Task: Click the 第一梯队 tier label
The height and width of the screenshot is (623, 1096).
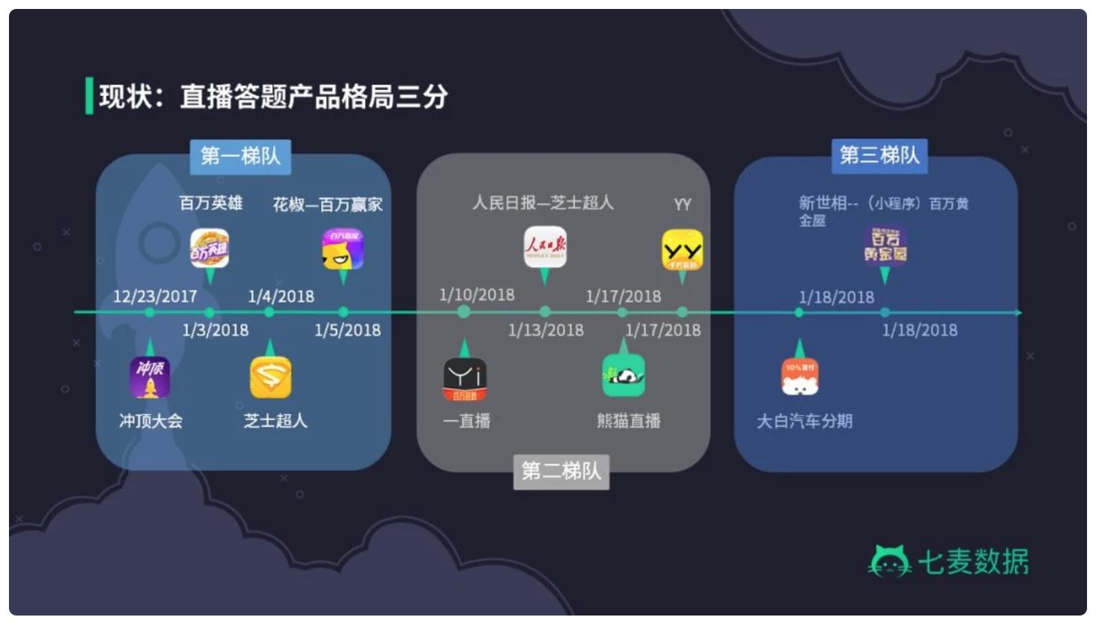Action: click(240, 156)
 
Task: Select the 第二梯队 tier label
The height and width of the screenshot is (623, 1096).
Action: click(561, 471)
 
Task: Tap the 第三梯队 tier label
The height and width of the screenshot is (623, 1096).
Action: click(879, 156)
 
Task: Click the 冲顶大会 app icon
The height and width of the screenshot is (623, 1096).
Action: click(150, 377)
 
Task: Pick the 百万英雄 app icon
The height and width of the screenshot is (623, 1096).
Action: click(210, 249)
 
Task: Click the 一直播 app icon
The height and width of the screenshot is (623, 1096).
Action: click(465, 379)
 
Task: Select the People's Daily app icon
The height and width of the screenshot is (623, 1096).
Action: click(545, 247)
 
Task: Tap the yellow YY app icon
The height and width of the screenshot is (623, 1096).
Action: click(682, 250)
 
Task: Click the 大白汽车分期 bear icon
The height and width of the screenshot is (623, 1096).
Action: click(800, 377)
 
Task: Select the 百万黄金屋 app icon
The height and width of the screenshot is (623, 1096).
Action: click(885, 246)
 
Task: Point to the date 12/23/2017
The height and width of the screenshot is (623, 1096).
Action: click(155, 297)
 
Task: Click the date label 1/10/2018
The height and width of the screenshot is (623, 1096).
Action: click(477, 295)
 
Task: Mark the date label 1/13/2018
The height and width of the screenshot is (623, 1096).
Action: click(546, 330)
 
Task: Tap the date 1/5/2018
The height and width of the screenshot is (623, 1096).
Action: click(347, 330)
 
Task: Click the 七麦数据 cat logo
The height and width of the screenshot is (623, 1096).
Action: click(889, 562)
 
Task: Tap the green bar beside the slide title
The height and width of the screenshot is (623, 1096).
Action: click(89, 96)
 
